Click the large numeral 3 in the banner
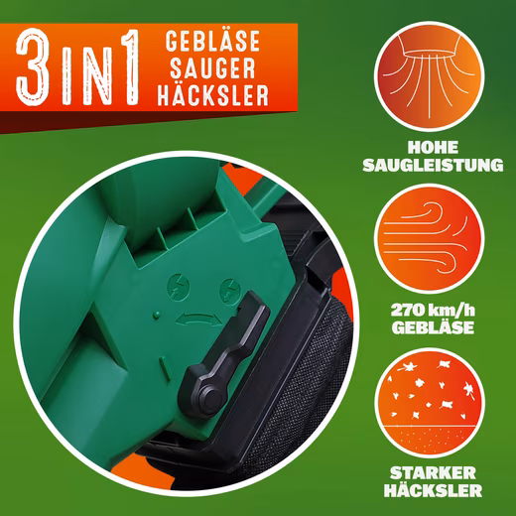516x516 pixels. coord(34,67)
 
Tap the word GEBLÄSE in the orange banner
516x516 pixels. coord(212,41)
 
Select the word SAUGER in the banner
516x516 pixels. coord(212,68)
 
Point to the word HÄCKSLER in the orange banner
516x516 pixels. coord(212,95)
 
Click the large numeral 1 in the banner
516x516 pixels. coord(128,67)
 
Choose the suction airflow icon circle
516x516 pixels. coord(429,76)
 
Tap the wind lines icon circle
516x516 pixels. coord(429,239)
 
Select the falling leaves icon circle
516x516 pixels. coord(429,403)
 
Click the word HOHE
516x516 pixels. coord(433,148)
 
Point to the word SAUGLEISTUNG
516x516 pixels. coord(433,165)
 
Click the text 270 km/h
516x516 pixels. coord(433,311)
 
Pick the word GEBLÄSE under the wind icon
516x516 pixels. coord(433,327)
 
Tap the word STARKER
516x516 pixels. coord(433,473)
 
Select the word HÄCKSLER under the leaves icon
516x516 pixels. coord(433,490)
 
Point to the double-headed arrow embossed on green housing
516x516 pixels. coord(198,320)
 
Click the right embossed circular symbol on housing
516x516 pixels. coord(230,290)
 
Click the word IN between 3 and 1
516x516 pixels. coord(84,76)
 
